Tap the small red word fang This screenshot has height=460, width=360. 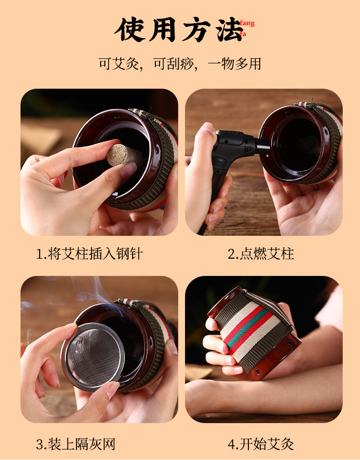(247, 24)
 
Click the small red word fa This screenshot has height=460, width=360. (243, 34)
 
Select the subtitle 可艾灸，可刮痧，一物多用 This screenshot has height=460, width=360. (180, 63)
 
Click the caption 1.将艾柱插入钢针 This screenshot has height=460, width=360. (89, 254)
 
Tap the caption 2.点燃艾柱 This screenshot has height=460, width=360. (261, 254)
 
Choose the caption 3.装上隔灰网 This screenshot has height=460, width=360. (76, 443)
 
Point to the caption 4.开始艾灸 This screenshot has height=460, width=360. (261, 443)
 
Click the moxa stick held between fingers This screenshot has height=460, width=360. (119, 155)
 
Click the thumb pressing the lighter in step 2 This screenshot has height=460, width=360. (207, 130)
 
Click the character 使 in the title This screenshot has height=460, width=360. (129, 30)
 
